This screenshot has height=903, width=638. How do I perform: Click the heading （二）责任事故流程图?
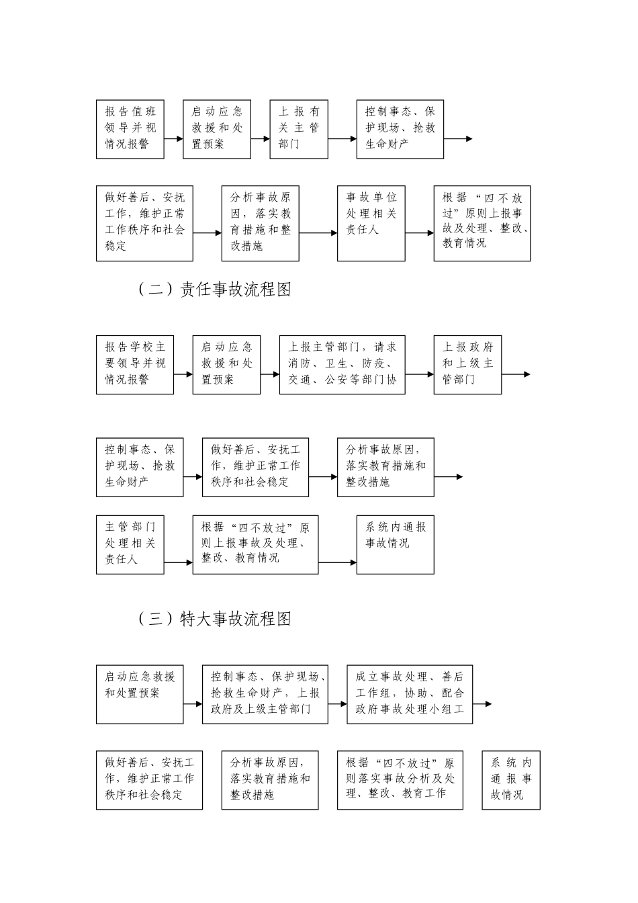[214, 290]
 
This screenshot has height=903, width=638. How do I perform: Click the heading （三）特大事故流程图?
[214, 619]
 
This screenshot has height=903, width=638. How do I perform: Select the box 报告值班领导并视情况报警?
[130, 130]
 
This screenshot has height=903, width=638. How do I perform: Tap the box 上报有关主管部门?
[299, 130]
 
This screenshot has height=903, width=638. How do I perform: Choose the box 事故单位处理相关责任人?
[371, 223]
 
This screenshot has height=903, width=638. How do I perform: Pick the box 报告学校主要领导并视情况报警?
[134, 364]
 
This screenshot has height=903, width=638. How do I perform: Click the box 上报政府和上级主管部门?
[467, 364]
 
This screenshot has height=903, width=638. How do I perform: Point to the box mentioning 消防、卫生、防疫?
[342, 364]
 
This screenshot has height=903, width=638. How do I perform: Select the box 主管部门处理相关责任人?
[130, 545]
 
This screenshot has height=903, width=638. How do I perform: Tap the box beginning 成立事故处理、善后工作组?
[410, 694]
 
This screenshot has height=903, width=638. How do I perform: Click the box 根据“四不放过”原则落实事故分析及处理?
[400, 780]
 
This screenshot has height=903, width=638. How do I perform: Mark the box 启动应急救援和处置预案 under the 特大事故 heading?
[140, 694]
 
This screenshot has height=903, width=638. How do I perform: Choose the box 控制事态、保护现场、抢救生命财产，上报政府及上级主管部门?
[265, 694]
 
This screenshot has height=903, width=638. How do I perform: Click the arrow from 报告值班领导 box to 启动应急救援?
[173, 139]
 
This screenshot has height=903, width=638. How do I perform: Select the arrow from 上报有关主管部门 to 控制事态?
[343, 139]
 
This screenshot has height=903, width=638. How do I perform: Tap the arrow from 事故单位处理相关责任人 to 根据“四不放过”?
[420, 233]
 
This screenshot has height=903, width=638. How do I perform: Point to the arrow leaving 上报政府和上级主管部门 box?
[516, 374]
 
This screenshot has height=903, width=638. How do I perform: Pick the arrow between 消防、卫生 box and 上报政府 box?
[420, 374]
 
